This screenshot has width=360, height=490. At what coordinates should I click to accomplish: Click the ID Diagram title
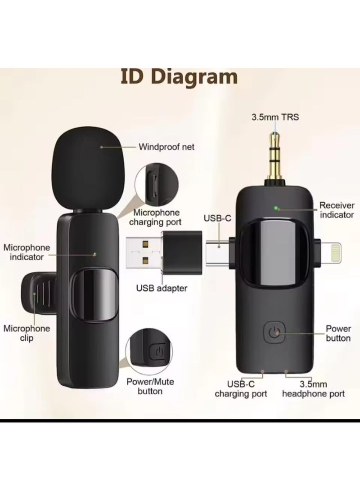coord(178,76)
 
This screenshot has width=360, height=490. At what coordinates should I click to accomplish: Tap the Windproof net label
coord(166,147)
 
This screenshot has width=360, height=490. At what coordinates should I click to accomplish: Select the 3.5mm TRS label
coord(275,118)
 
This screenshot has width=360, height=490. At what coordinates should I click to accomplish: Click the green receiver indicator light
coord(277,208)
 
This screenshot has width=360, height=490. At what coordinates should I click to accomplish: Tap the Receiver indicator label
coord(336,210)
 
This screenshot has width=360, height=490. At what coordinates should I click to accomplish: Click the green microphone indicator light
coord(95,254)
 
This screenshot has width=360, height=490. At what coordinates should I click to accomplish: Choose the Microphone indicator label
coord(30,252)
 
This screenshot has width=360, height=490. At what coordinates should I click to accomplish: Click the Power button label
coord(338,333)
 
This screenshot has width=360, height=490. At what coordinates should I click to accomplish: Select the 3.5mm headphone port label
coord(313,389)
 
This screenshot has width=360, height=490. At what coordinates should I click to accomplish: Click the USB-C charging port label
coord(241,389)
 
